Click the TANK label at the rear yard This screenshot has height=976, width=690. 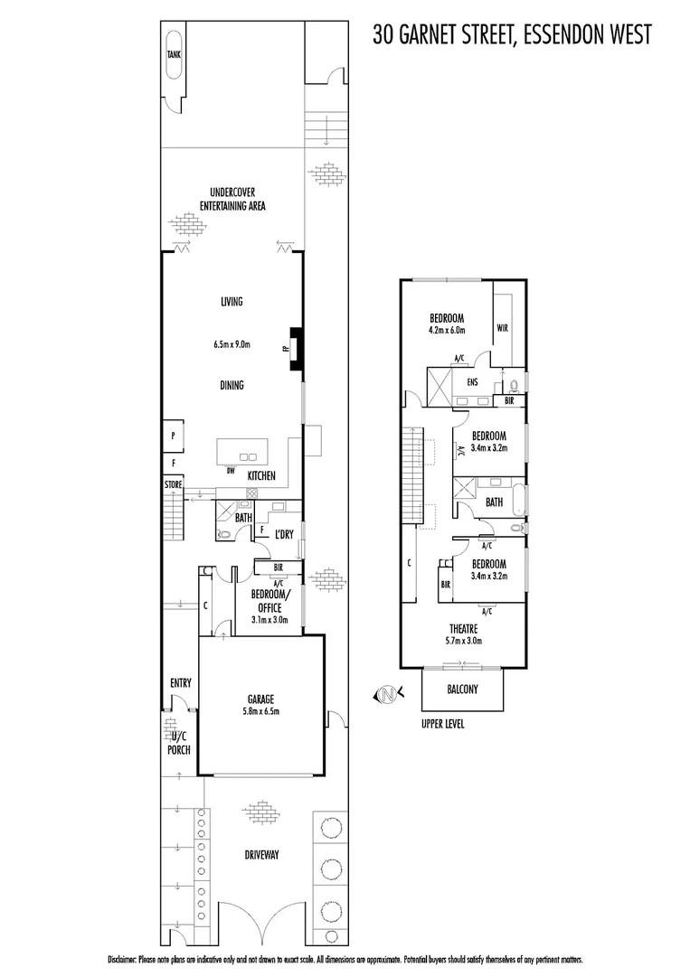(x=174, y=55)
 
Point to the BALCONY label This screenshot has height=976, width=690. (x=462, y=690)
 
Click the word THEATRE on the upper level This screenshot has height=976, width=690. (x=464, y=628)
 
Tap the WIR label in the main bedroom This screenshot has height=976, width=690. (x=503, y=329)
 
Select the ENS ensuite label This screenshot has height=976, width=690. (x=471, y=382)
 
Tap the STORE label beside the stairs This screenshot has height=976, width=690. (x=173, y=485)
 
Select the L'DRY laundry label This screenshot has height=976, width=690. (x=284, y=535)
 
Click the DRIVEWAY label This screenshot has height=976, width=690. (x=261, y=855)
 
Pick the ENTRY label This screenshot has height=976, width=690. (x=180, y=683)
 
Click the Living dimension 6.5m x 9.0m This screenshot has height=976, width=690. (x=232, y=344)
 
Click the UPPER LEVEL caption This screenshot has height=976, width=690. (x=442, y=724)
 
